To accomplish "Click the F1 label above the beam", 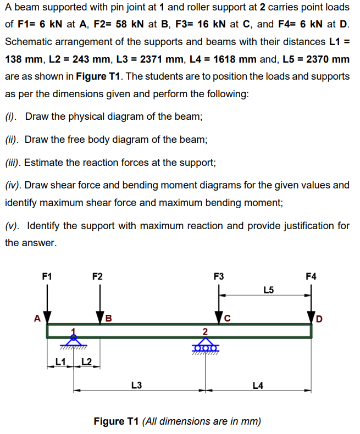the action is [x=47, y=276].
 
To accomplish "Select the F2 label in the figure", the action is [x=97, y=276].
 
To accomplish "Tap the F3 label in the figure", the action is [x=218, y=276].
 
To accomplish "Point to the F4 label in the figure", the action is [x=311, y=276].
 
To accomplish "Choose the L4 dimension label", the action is [x=258, y=385].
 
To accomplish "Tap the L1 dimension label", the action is [x=62, y=361].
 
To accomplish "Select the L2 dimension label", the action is [x=86, y=361].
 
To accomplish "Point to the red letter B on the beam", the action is [x=108, y=318].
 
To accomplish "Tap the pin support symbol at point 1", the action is [x=74, y=341].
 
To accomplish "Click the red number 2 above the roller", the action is [x=204, y=331].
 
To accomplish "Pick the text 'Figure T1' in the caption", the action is [x=117, y=421].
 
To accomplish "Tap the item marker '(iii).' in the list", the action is [x=14, y=163].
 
